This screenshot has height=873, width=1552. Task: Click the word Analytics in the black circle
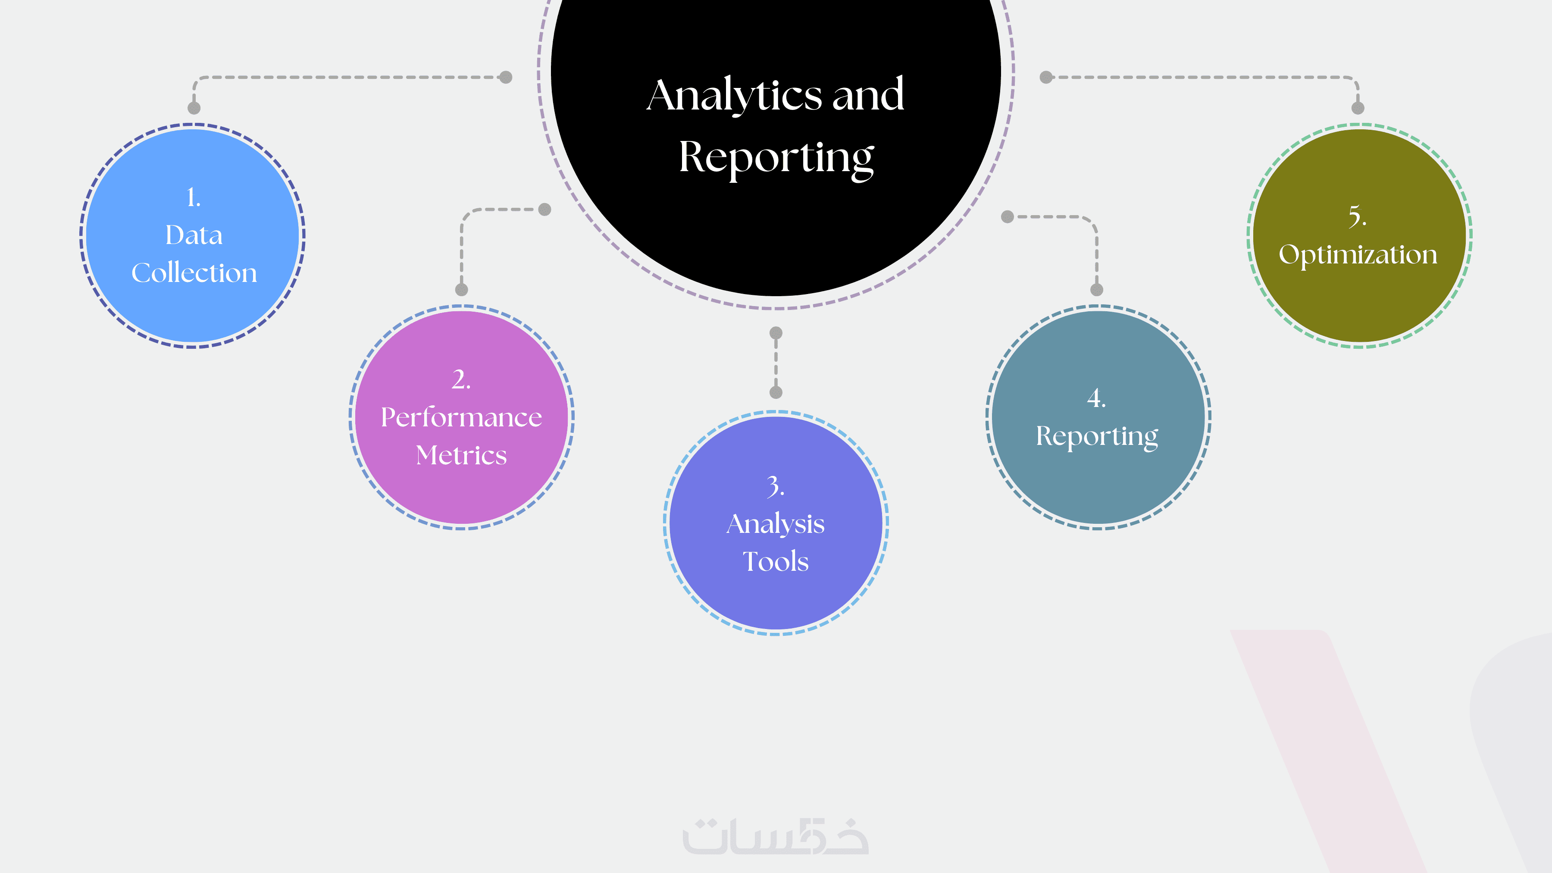click(734, 96)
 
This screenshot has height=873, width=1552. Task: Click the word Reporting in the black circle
click(776, 158)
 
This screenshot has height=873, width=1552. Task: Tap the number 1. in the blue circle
click(194, 197)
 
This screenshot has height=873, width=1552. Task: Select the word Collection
click(194, 273)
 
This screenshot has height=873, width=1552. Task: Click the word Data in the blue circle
click(194, 235)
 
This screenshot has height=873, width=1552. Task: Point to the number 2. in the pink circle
click(461, 379)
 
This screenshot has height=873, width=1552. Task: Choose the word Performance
click(461, 417)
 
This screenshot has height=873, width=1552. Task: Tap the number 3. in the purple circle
click(776, 486)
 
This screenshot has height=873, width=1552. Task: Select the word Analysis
click(776, 524)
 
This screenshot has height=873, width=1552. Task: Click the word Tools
click(776, 561)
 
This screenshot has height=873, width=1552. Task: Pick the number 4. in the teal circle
click(1096, 398)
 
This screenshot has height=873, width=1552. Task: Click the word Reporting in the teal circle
click(1096, 436)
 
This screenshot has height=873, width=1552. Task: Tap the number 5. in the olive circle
click(1358, 216)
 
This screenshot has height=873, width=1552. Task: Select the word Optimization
click(1358, 254)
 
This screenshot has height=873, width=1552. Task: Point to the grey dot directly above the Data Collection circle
click(194, 108)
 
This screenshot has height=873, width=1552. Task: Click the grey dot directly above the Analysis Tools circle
click(776, 392)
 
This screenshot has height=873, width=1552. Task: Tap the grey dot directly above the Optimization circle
click(1358, 108)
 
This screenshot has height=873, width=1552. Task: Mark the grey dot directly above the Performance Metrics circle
click(461, 290)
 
